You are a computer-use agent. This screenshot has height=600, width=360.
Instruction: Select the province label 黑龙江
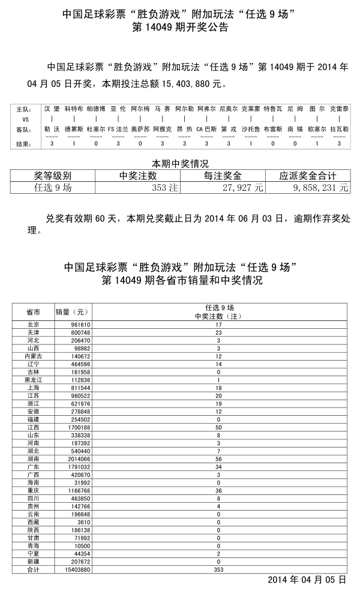[x=34, y=380]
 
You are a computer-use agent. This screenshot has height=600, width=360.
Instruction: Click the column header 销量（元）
[x=73, y=312]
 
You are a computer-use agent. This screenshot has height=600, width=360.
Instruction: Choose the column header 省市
[x=34, y=312]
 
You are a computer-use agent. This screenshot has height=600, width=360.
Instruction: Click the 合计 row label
[x=34, y=568]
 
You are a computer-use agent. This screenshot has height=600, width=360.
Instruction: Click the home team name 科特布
[x=74, y=110]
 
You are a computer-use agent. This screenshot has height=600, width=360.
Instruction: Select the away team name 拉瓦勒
[x=339, y=129]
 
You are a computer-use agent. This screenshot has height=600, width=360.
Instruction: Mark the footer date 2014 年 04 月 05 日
[x=307, y=580]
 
